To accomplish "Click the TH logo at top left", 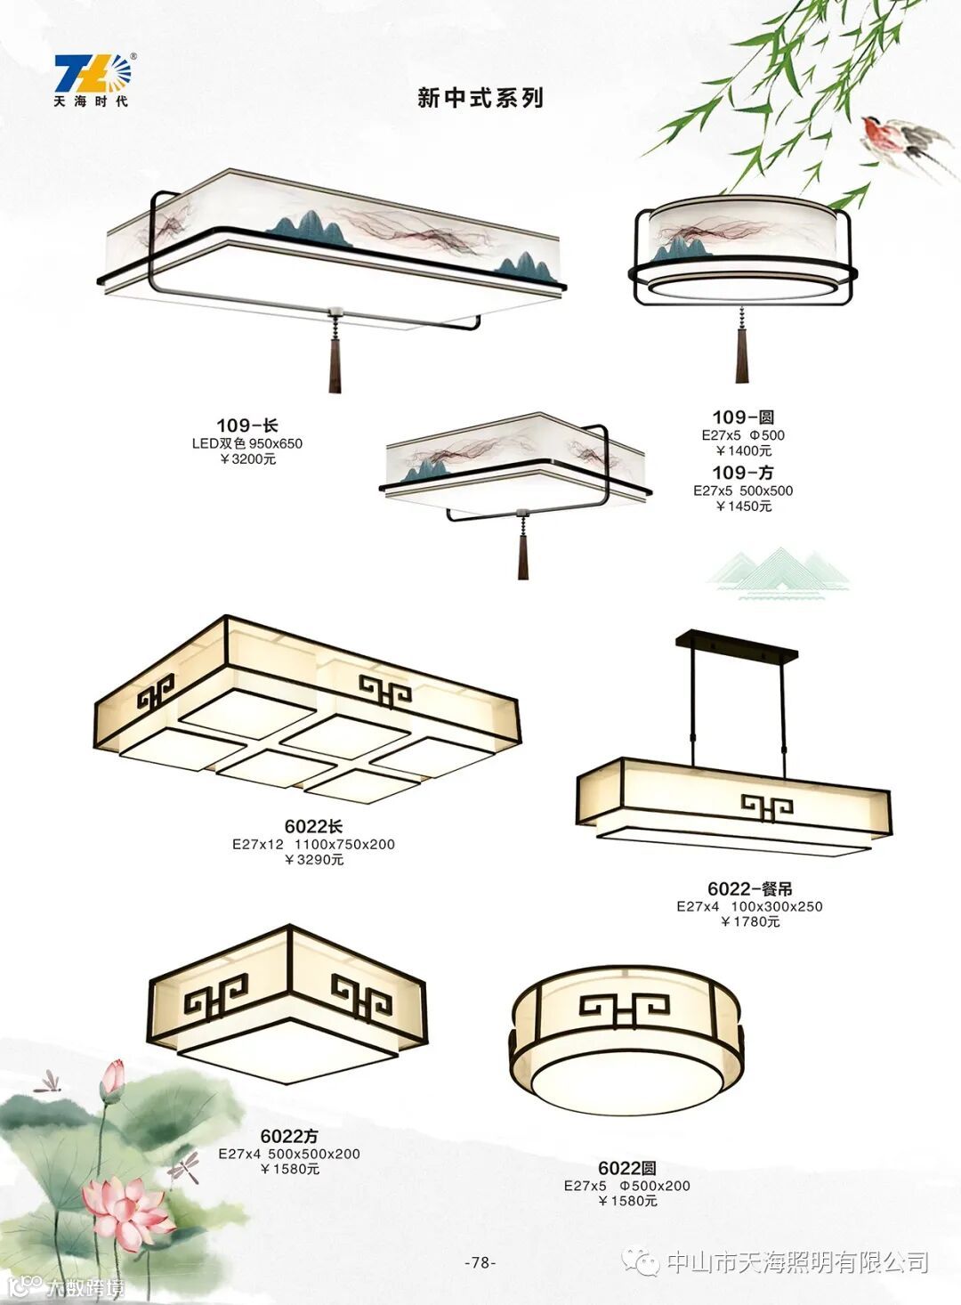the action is coord(92,78).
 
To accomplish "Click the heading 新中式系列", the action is coord(480,98).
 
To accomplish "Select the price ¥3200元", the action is coord(247,459).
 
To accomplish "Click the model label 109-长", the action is coord(247,426).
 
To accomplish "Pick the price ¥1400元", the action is coord(743,451).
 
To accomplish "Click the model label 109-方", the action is coord(743,473).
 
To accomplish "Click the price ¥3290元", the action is coord(313,860).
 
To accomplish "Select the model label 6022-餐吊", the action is coord(749,888).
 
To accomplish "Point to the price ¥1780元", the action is coord(749,922).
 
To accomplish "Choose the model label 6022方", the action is coord(289,1136).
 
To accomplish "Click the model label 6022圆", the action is coord(626,1168).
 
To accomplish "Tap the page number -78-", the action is coord(480,1262).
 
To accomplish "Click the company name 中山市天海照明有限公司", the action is coord(797,1262).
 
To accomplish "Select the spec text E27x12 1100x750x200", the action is coord(313,844).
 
